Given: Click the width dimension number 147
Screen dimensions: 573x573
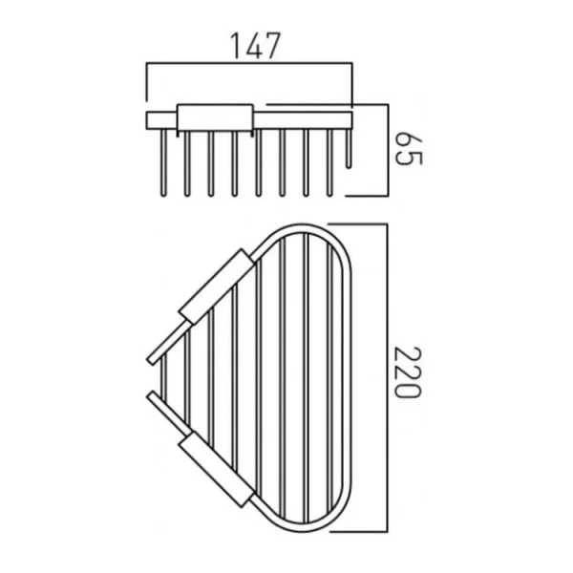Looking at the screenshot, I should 253,44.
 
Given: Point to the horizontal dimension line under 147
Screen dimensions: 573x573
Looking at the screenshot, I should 248,65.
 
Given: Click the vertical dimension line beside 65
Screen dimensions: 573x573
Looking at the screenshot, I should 386,150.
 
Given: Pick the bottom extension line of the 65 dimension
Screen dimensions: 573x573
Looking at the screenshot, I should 368,195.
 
